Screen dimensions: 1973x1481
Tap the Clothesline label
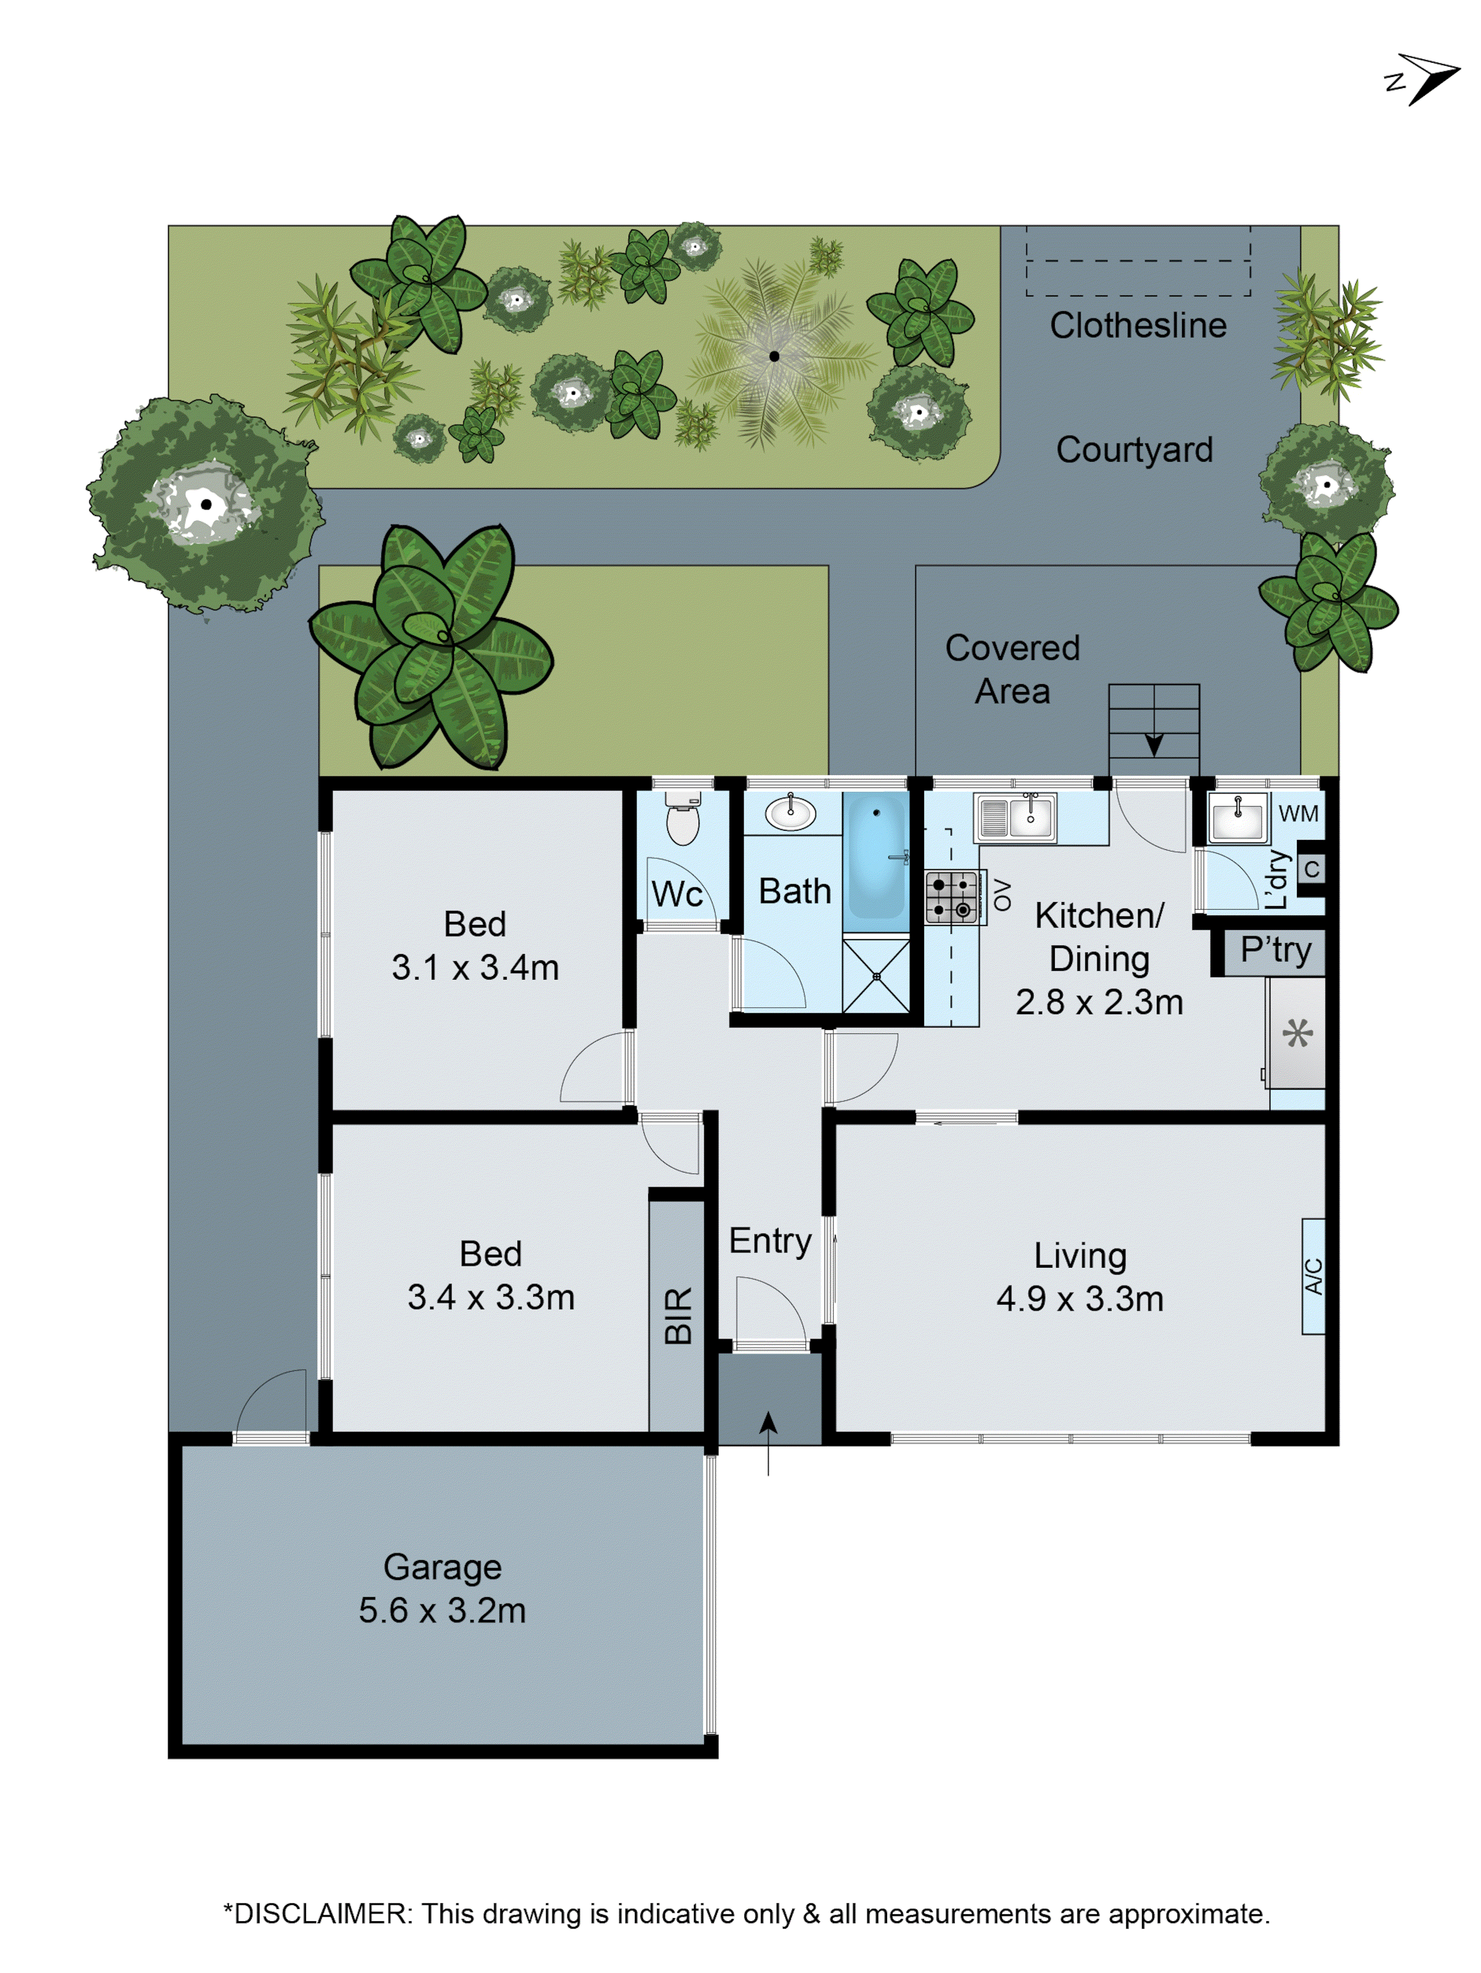[x=1138, y=326]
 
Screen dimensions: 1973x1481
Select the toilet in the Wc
[x=682, y=819]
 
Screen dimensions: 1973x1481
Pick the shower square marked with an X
[x=876, y=976]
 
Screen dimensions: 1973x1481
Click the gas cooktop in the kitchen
[x=951, y=897]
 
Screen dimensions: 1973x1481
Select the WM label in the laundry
[x=1298, y=813]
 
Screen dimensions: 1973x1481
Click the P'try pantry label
[x=1276, y=950]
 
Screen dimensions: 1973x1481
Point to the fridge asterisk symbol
[x=1297, y=1034]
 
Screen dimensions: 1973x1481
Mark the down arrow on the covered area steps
[x=1153, y=742]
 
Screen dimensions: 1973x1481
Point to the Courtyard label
[x=1134, y=449]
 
